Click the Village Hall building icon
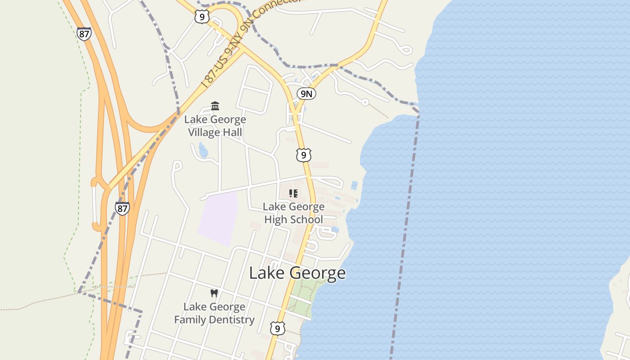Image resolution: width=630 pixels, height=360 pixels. [215, 106]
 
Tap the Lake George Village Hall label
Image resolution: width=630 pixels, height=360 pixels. [215, 126]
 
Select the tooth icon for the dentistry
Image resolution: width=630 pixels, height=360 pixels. [214, 293]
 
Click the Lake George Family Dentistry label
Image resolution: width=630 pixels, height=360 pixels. [214, 313]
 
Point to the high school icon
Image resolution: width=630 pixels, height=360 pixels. [293, 193]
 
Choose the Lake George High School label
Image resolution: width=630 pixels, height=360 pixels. [293, 213]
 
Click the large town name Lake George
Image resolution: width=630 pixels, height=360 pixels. [297, 273]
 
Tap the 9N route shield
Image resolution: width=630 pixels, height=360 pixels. [306, 94]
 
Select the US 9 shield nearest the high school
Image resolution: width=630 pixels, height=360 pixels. [304, 155]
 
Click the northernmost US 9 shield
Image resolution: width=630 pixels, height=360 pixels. [202, 17]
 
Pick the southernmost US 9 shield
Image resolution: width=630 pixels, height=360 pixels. [277, 328]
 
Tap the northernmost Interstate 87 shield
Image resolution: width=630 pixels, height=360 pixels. [84, 34]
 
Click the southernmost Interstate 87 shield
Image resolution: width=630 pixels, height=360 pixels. [122, 208]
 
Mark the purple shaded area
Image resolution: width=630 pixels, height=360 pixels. [219, 218]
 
